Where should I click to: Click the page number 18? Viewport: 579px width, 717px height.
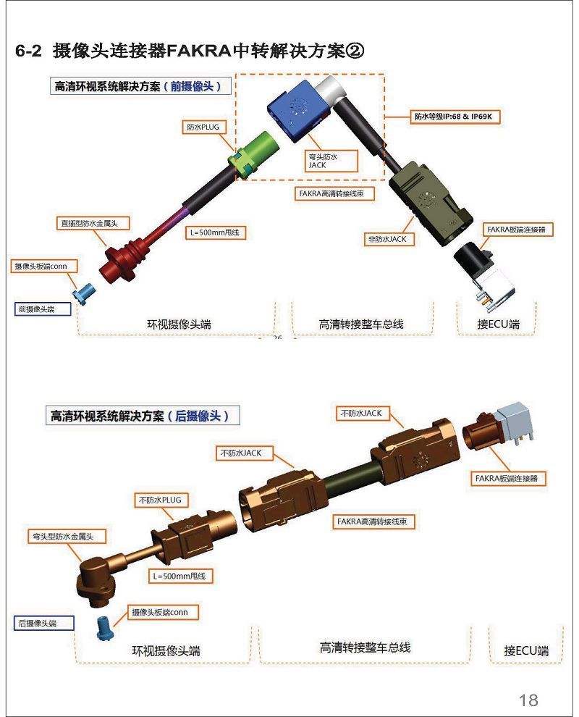coord(528,700)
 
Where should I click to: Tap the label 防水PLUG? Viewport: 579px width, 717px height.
coord(203,127)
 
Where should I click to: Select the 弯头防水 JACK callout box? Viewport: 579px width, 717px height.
coord(331,161)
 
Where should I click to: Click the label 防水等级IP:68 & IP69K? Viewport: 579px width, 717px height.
coord(453,117)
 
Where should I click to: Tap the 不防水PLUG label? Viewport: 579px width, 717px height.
coord(161,500)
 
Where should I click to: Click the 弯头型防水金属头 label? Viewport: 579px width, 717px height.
coord(67,537)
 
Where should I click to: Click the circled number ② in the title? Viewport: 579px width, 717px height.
coord(355,51)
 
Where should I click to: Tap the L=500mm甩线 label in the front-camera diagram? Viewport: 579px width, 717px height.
coord(215,232)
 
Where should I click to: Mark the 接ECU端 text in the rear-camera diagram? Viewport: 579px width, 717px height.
coord(526,650)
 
